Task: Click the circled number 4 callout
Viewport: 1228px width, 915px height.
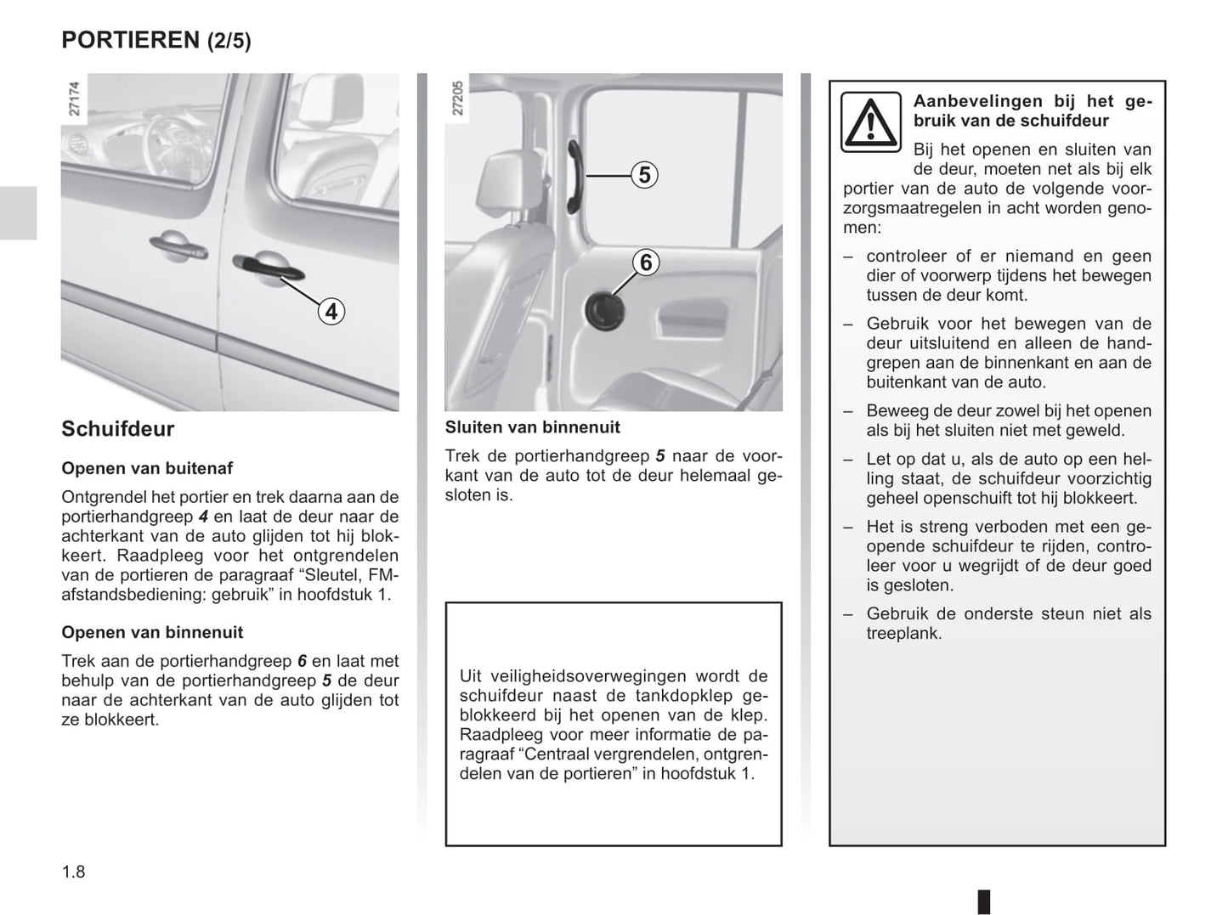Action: (x=331, y=312)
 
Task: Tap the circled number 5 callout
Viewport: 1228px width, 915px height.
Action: (x=644, y=175)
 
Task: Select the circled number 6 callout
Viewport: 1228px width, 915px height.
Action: (x=645, y=263)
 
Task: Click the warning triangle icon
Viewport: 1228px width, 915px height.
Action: (x=870, y=122)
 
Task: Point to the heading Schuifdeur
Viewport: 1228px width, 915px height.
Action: (x=117, y=429)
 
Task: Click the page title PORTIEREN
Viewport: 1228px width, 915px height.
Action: (x=130, y=40)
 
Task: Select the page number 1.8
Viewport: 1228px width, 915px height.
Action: (x=73, y=872)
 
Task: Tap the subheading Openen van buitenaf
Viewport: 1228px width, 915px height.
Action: (x=147, y=468)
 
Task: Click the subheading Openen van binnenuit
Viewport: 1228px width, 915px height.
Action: (x=152, y=632)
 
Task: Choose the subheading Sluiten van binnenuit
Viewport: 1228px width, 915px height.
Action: (x=533, y=427)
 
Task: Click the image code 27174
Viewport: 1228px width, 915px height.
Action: (x=74, y=99)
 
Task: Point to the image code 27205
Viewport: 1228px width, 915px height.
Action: (x=458, y=99)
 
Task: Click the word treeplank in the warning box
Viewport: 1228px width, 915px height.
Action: (x=903, y=633)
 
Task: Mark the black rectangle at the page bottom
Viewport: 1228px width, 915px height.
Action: (x=983, y=901)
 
